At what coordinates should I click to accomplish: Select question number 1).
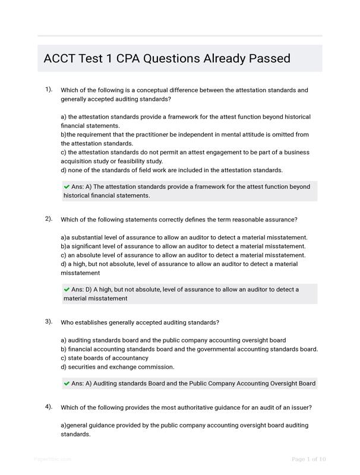pos(48,90)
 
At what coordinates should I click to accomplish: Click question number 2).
pos(48,219)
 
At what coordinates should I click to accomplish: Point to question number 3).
pos(48,322)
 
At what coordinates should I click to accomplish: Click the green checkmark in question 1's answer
pos(67,186)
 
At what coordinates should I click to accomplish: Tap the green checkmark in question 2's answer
pos(67,289)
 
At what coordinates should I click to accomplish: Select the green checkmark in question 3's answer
pos(67,384)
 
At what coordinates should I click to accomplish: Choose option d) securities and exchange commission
pos(118,367)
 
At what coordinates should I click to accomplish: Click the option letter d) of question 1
pos(64,170)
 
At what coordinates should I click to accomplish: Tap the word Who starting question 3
pos(68,322)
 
